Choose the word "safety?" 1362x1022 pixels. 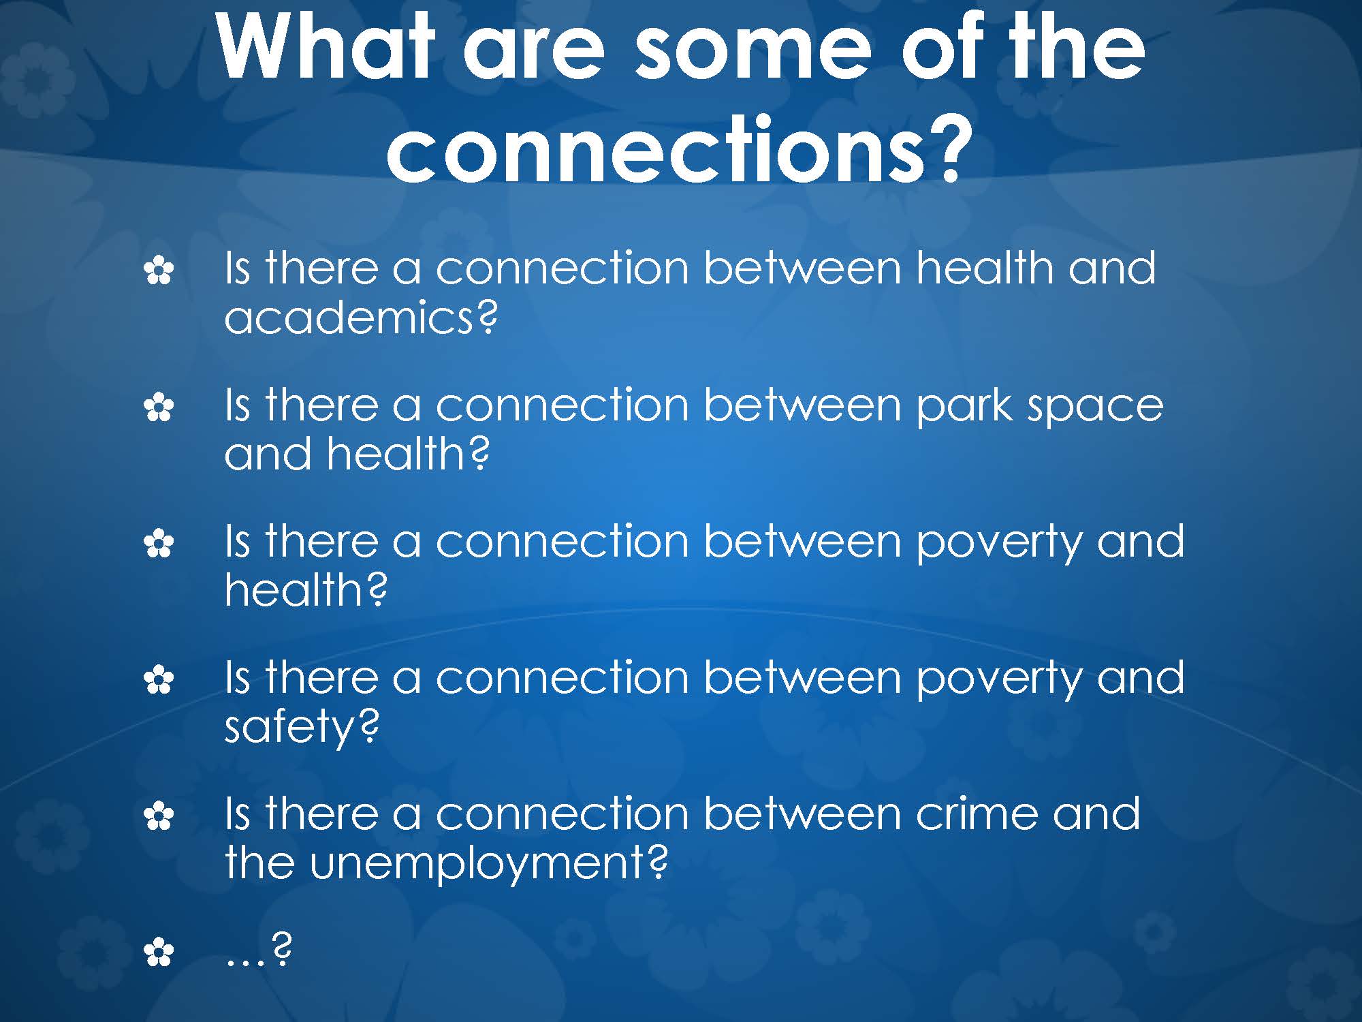click(302, 726)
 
